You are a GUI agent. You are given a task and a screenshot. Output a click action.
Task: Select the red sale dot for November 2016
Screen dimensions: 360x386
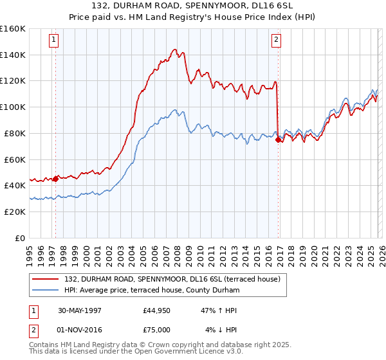coord(278,139)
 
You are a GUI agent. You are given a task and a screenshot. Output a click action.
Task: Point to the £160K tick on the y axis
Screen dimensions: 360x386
coord(13,29)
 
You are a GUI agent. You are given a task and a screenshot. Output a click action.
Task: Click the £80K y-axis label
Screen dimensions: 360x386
coord(15,133)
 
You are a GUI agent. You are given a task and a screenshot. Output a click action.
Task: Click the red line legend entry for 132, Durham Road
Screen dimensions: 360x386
coord(172,280)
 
